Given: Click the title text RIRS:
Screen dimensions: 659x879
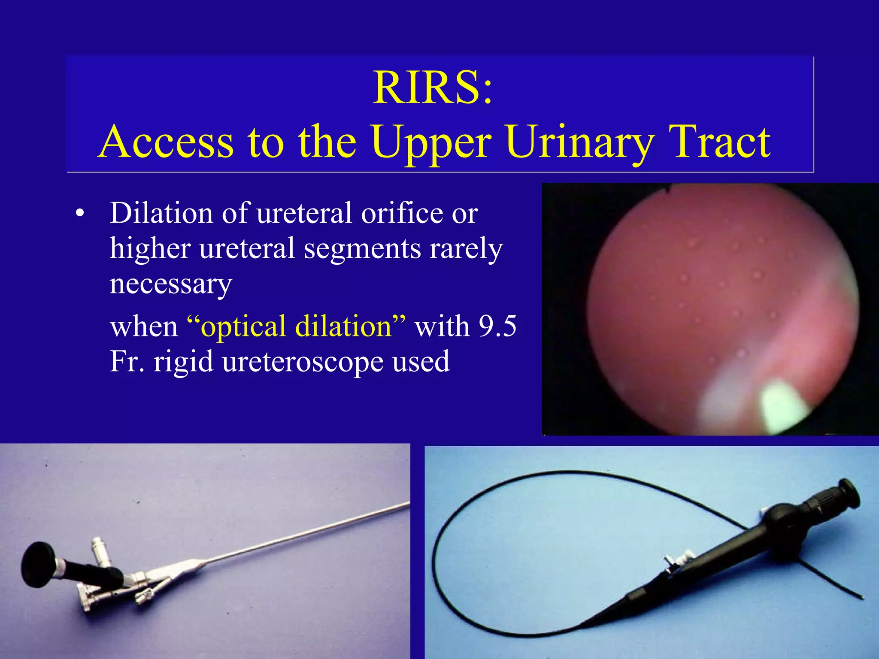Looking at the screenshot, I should tap(433, 88).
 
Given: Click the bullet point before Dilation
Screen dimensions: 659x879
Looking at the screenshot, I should tap(79, 214).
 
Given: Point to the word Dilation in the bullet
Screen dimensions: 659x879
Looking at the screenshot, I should tap(161, 213).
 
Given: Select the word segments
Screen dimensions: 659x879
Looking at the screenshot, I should tap(362, 248).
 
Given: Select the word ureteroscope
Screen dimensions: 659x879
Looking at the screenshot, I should tap(303, 362).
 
